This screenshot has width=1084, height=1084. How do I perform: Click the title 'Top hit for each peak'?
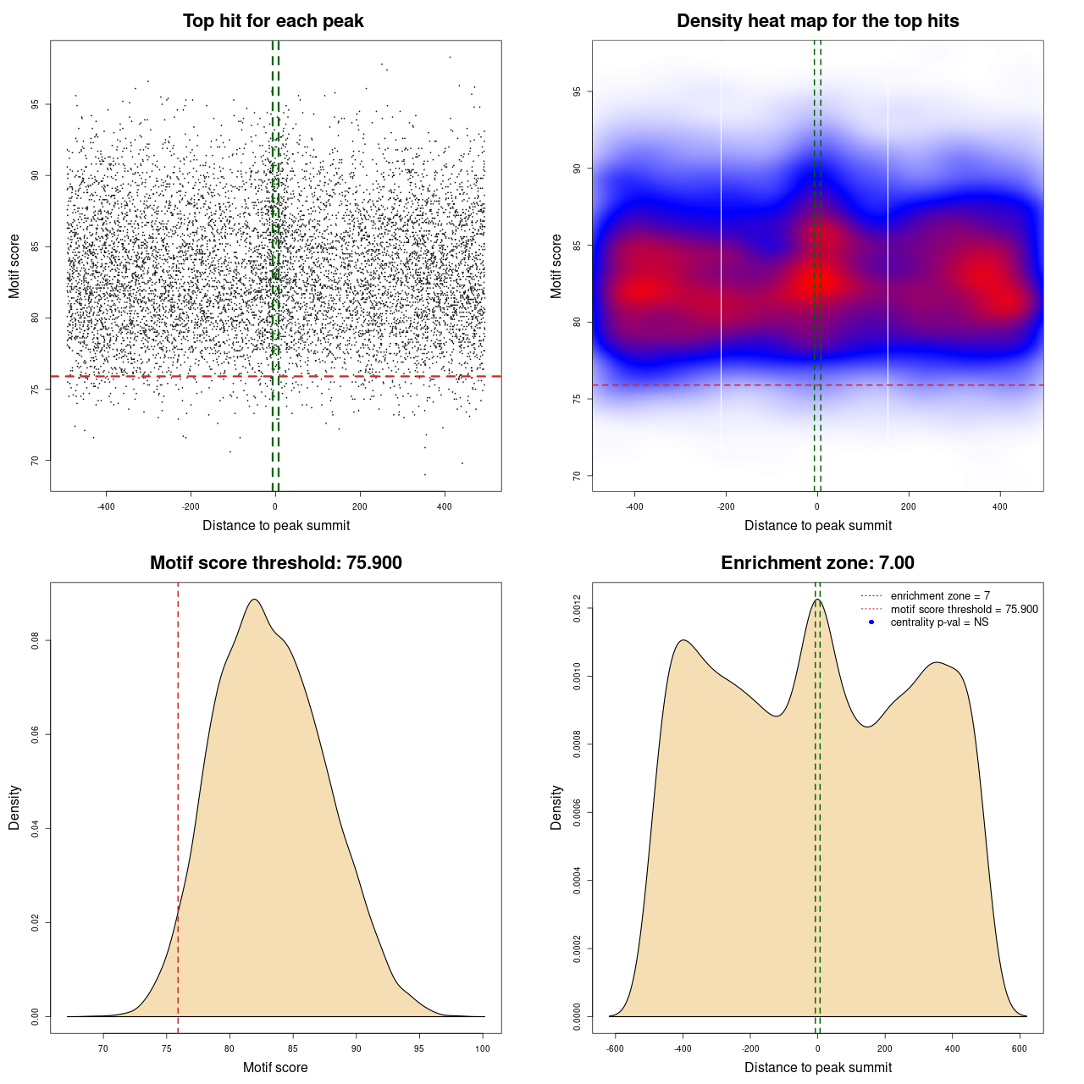tap(273, 21)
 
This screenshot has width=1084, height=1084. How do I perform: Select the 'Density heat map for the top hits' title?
tap(817, 21)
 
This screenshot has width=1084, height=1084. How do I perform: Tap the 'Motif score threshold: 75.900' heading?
tap(275, 563)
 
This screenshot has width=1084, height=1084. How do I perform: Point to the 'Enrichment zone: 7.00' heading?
tap(817, 563)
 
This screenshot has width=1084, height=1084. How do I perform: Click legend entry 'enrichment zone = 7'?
tap(940, 596)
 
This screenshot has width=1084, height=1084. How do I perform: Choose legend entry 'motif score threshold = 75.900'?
tap(964, 610)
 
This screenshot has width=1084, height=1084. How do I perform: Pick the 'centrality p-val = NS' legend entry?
tap(939, 622)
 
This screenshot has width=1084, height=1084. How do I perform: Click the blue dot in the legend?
tap(871, 622)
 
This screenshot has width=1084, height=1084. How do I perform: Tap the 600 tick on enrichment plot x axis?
tap(1020, 1048)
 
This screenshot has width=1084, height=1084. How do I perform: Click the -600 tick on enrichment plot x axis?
tap(616, 1048)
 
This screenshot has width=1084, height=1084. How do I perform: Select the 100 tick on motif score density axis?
tap(483, 1048)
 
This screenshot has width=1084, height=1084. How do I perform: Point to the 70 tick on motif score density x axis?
tap(103, 1048)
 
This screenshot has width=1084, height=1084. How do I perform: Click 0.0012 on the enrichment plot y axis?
tap(578, 609)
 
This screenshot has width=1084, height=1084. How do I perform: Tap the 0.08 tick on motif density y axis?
tap(36, 641)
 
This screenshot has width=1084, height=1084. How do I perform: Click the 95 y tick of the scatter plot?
tap(36, 104)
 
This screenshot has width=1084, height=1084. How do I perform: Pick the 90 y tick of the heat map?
tap(578, 169)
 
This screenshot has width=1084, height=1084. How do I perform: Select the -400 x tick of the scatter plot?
tap(106, 506)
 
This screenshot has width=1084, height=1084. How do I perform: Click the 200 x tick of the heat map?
tap(909, 506)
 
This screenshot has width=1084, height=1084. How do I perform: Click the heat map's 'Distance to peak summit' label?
tap(817, 526)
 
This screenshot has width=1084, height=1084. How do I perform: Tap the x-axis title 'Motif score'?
tap(275, 1068)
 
